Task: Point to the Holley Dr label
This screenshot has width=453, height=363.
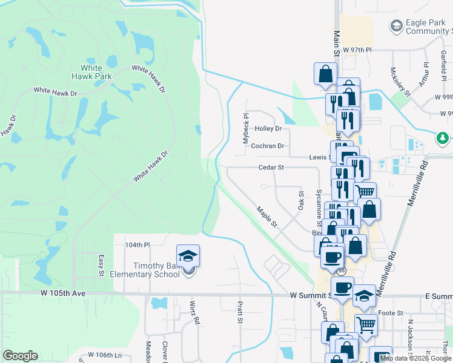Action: coord(268,128)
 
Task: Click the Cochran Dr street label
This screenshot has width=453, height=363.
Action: coord(268,146)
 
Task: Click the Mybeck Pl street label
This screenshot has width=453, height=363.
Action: coord(246,128)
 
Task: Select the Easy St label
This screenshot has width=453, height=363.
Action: coord(101,263)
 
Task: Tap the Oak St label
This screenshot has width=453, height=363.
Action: coord(300,200)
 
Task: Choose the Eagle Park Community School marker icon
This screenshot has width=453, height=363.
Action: coord(396,25)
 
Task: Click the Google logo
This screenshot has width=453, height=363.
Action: coord(20,356)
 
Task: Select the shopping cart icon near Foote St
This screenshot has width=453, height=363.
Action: coord(366,326)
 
